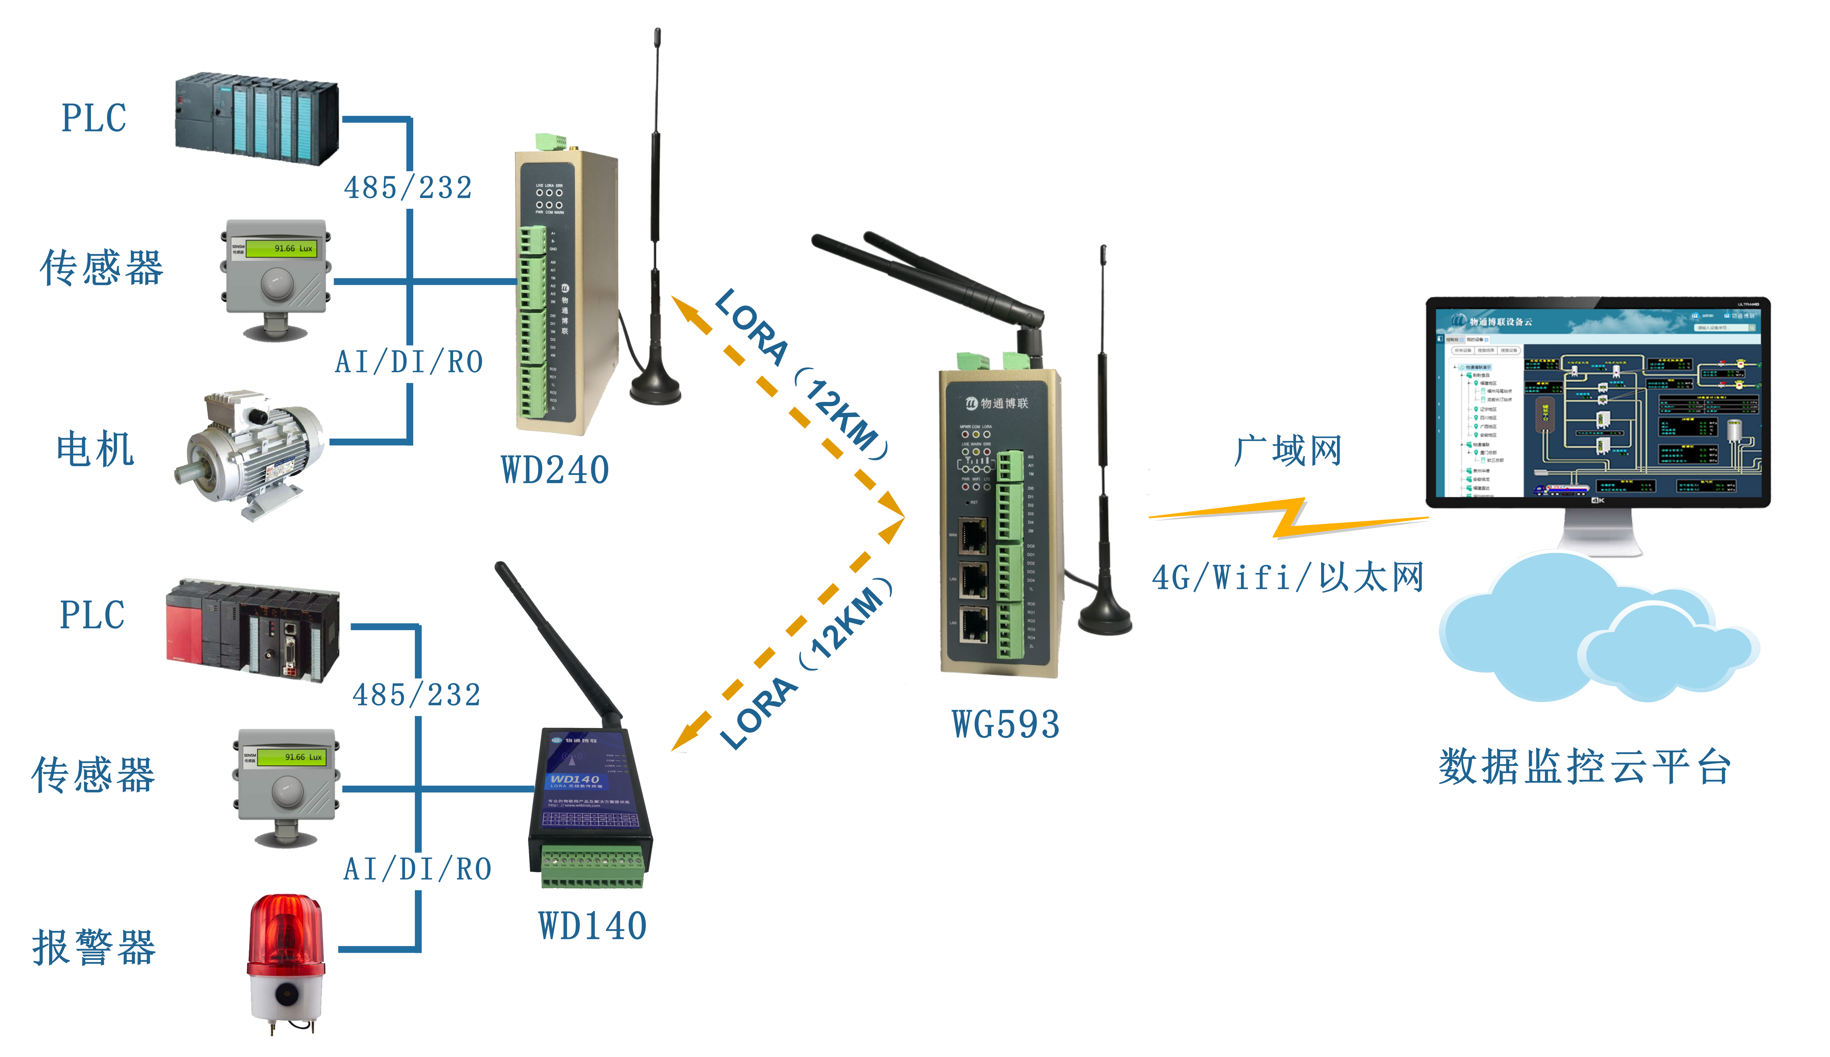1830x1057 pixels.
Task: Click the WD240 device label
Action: coord(555,470)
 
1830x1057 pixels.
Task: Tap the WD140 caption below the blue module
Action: coord(592,926)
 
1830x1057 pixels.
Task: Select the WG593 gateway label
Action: coord(1005,724)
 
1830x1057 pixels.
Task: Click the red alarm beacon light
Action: coord(286,936)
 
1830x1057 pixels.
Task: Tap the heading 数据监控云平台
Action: coord(1585,767)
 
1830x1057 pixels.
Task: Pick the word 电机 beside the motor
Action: coord(95,449)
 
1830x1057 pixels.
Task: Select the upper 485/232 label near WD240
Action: coord(408,188)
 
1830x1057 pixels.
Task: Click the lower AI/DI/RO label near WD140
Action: coord(417,869)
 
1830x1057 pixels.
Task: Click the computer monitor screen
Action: coord(1597,403)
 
